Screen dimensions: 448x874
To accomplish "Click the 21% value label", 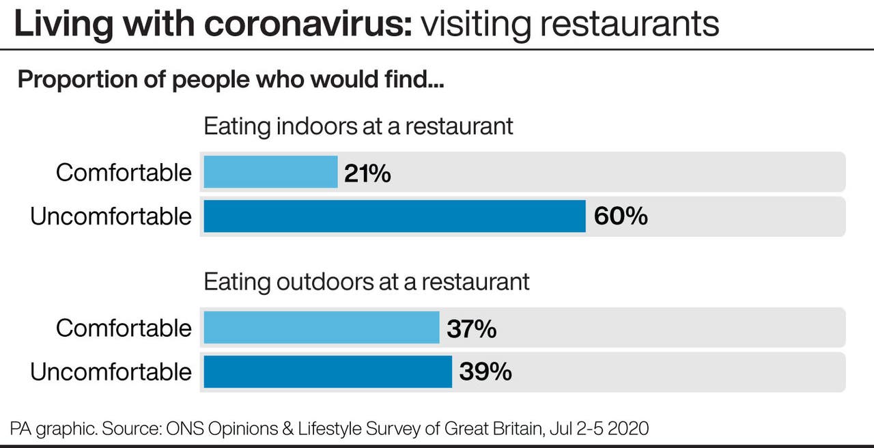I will (x=367, y=173).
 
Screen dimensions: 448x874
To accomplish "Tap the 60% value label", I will (x=621, y=216).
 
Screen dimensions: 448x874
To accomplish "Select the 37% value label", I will (x=471, y=328).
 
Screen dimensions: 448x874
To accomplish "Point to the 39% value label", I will (x=485, y=372).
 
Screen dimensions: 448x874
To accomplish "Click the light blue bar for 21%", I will (x=270, y=172).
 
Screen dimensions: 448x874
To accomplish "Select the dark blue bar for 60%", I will (x=394, y=216).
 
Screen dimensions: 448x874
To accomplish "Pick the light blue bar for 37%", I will (x=321, y=328).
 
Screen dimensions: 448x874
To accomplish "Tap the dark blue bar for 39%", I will (x=328, y=372).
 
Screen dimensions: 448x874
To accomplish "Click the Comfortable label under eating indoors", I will (x=124, y=173).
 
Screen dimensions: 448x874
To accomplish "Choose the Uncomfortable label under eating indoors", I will (x=111, y=216).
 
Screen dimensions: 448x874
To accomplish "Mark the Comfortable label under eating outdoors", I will (x=124, y=328).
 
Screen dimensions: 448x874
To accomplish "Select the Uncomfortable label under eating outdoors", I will (x=111, y=372).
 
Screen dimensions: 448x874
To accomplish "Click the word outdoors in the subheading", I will (x=313, y=282).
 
